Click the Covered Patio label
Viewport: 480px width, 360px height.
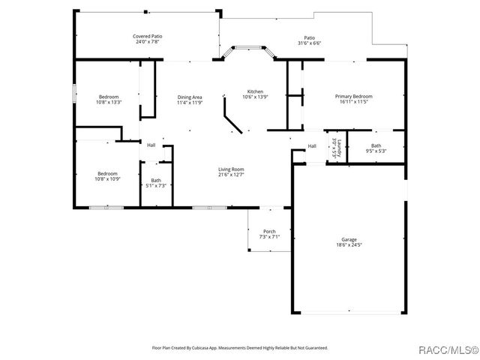[x=148, y=36]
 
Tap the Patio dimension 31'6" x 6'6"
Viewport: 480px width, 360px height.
[x=309, y=43]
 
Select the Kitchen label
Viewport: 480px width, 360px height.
[x=255, y=91]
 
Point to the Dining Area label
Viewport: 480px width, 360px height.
[x=189, y=97]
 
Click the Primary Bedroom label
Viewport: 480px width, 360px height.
[x=353, y=96]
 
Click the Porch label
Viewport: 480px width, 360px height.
[x=269, y=231]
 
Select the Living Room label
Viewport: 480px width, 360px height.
[x=231, y=169]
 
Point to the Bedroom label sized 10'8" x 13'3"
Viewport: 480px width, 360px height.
[x=108, y=97]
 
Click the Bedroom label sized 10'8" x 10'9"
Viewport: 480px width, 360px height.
[x=108, y=174]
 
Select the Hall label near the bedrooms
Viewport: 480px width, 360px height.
[x=151, y=145]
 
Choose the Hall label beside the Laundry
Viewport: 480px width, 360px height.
[x=312, y=145]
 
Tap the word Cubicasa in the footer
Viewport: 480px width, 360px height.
[x=199, y=348]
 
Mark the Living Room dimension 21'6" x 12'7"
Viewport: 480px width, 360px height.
[x=231, y=175]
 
